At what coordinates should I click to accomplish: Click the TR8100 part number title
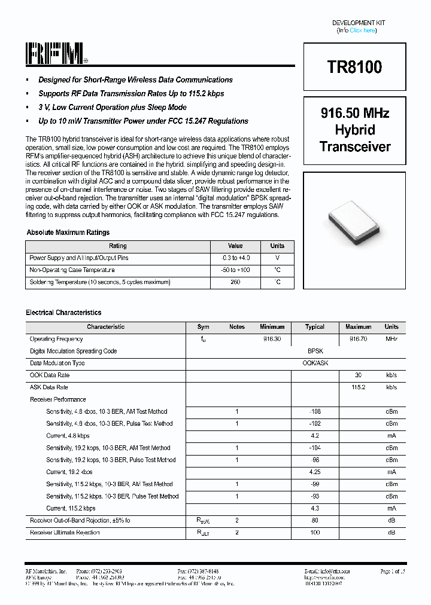pyautogui.click(x=354, y=67)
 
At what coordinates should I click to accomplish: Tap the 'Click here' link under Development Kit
pyautogui.click(x=362, y=30)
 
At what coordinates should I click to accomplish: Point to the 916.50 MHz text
pyautogui.click(x=355, y=113)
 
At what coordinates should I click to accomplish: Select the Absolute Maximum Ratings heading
pyautogui.click(x=68, y=233)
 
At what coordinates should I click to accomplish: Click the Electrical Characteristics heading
pyautogui.click(x=63, y=313)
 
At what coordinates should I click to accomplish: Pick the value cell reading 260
pyautogui.click(x=235, y=282)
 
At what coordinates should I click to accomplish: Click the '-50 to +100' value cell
pyautogui.click(x=235, y=270)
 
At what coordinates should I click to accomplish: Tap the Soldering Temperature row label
pyautogui.click(x=100, y=282)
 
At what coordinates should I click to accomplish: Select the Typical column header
pyautogui.click(x=315, y=327)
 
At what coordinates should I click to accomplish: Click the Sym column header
pyautogui.click(x=204, y=327)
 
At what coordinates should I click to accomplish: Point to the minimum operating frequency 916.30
pyautogui.click(x=272, y=339)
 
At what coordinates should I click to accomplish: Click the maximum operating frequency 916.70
pyautogui.click(x=358, y=339)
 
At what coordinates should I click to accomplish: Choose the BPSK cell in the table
pyautogui.click(x=315, y=352)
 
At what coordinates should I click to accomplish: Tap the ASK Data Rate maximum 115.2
pyautogui.click(x=358, y=387)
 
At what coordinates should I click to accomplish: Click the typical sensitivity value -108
pyautogui.click(x=315, y=411)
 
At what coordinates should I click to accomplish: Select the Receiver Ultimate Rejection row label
pyautogui.click(x=65, y=533)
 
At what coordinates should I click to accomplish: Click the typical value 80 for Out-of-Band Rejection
pyautogui.click(x=315, y=521)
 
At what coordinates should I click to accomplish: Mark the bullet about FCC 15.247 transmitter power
pyautogui.click(x=143, y=121)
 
